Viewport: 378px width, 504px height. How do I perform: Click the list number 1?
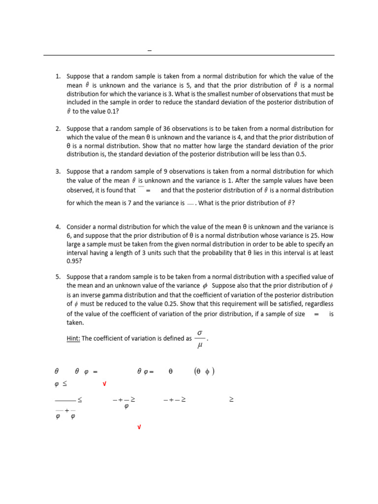pos(57,76)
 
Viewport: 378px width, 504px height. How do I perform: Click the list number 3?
pos(57,171)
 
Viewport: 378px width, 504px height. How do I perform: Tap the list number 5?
pos(57,277)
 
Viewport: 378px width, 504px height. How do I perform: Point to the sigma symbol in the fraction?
pos(199,334)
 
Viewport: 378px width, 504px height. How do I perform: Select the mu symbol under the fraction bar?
pos(199,346)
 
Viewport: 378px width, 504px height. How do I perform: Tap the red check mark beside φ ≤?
pos(104,384)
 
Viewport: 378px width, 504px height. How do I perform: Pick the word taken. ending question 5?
pos(75,323)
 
